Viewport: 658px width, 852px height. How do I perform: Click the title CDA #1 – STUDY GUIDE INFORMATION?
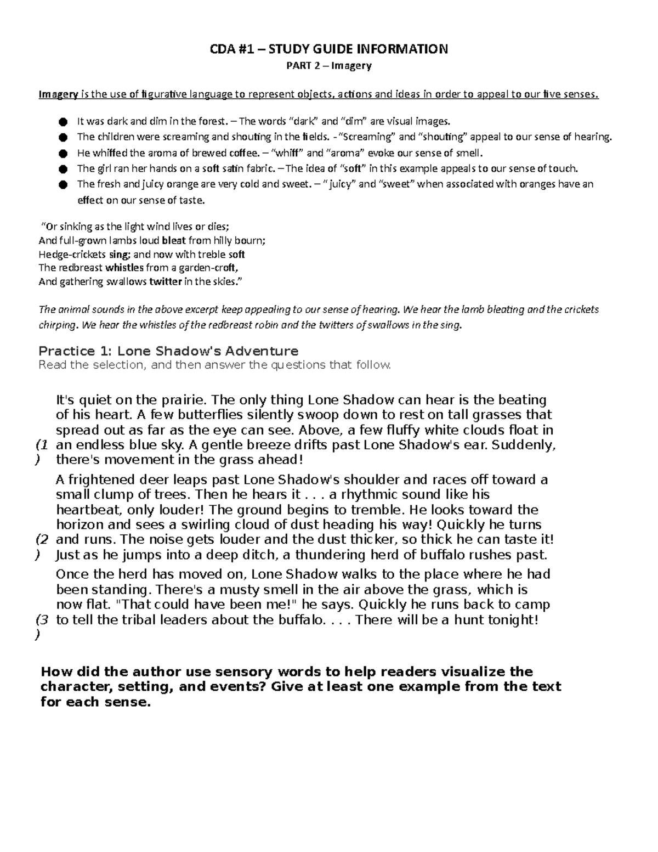click(329, 49)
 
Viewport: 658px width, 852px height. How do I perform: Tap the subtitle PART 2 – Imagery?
click(329, 66)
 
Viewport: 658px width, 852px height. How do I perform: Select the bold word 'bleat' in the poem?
click(174, 240)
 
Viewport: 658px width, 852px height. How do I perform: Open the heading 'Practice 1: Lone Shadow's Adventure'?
click(168, 351)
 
